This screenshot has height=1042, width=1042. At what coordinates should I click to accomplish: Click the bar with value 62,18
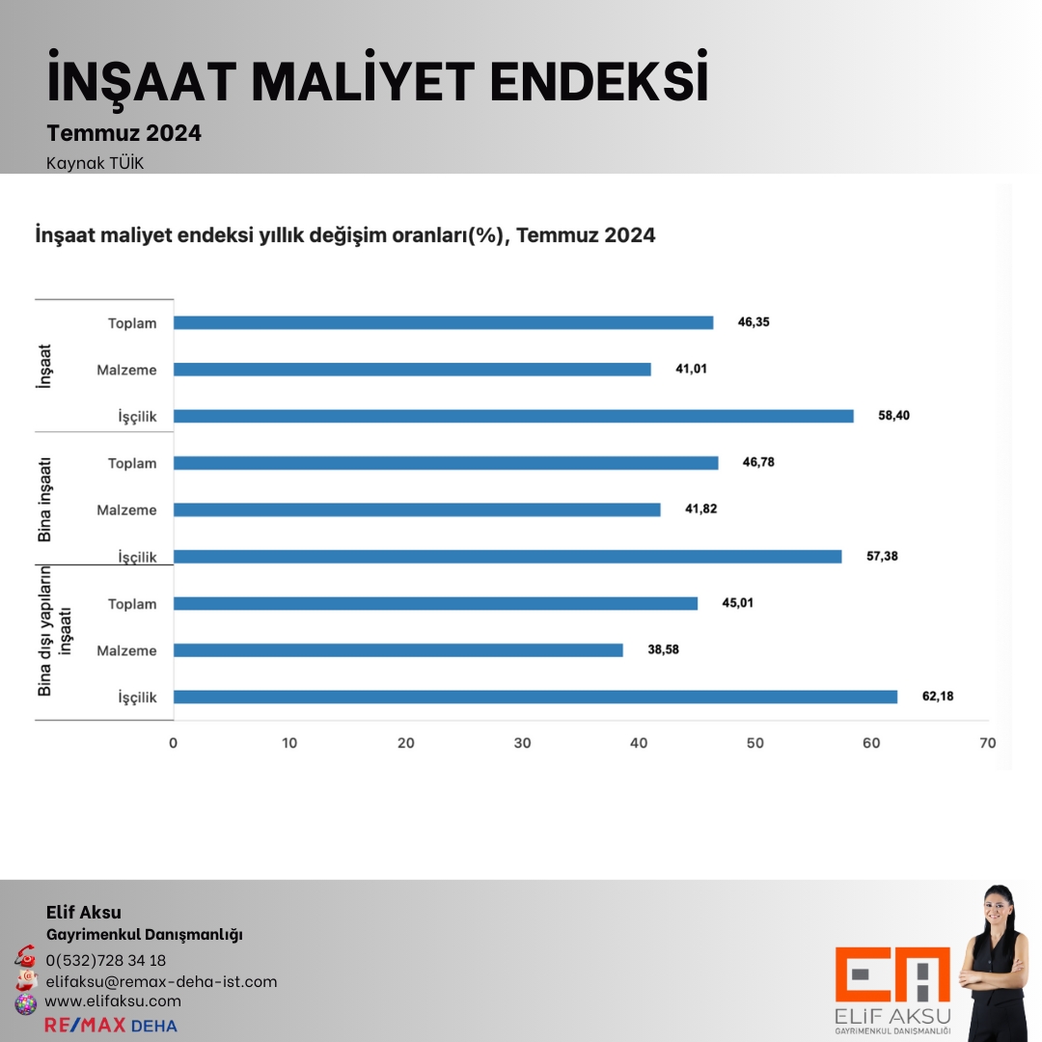535,697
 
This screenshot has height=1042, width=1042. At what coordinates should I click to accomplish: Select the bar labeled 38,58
398,650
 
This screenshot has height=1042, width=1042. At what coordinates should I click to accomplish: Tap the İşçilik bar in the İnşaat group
513,416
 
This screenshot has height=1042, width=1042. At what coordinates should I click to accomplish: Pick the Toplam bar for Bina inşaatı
446,463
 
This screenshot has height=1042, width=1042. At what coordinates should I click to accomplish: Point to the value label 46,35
754,322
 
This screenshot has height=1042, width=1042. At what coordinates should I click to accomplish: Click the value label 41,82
701,509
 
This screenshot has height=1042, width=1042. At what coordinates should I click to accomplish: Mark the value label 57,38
883,557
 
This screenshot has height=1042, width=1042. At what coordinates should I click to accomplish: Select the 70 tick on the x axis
987,744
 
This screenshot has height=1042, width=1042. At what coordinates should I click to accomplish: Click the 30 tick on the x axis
522,744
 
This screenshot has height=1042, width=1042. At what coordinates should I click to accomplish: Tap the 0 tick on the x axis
174,744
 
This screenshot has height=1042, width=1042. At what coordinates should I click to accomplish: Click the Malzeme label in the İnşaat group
126,370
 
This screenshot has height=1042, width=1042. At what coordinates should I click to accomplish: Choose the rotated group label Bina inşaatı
45,501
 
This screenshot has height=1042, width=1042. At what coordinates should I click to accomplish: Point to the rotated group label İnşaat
45,368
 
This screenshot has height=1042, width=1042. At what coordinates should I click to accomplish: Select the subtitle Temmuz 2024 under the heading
124,134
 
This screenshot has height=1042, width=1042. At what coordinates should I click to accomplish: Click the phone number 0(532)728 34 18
106,960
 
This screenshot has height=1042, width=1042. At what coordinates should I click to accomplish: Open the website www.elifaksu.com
113,1001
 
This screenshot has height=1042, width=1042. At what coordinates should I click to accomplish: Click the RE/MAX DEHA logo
111,1025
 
